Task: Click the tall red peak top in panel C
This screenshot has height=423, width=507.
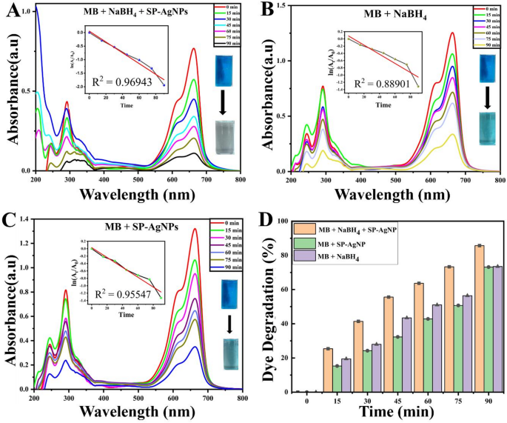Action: coord(195,229)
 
